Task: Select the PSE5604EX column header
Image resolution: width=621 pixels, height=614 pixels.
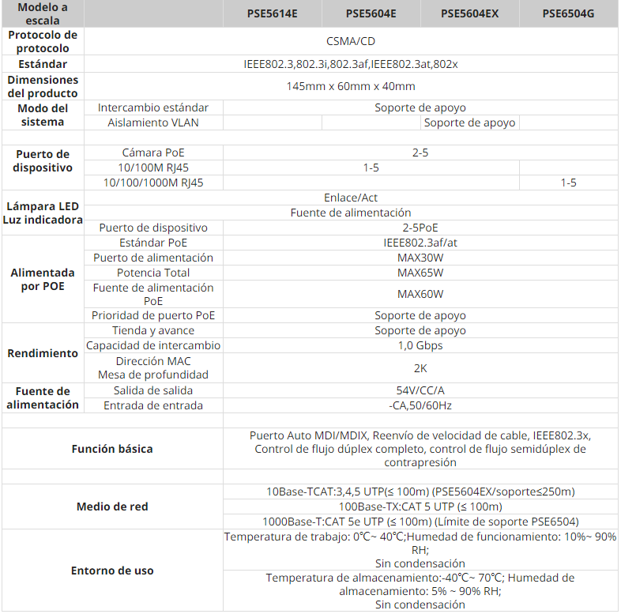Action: [x=469, y=13]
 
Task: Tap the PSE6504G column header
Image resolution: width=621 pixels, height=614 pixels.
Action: [x=569, y=13]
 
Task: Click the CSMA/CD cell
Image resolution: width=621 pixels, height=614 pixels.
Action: [x=351, y=41]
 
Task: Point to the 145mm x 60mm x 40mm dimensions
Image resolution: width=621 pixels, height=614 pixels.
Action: [x=351, y=86]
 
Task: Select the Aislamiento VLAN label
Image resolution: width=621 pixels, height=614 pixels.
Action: [x=153, y=122]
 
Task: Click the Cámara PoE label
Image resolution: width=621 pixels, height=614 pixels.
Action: [x=153, y=153]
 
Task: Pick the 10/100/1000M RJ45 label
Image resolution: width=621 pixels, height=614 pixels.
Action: [x=153, y=183]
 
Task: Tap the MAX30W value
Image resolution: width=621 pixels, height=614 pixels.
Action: [x=420, y=258]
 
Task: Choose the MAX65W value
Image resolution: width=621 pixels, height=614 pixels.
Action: [x=420, y=273]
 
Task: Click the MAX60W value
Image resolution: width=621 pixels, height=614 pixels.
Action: [x=420, y=294]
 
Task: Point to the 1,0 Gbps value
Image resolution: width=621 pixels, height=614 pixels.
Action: [x=420, y=345]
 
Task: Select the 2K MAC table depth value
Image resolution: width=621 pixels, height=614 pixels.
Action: [x=420, y=367]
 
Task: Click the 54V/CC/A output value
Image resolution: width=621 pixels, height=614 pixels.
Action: [x=420, y=390]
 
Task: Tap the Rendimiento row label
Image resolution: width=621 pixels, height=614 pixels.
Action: [x=43, y=353]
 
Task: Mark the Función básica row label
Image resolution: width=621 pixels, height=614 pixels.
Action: [x=112, y=449]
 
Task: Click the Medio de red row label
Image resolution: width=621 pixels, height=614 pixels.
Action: [x=112, y=507]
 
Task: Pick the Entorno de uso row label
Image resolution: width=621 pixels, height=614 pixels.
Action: [x=112, y=571]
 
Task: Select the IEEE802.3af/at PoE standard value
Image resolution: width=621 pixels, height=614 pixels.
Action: [x=420, y=243]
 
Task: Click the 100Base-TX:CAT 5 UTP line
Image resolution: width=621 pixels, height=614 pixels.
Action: [x=420, y=507]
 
